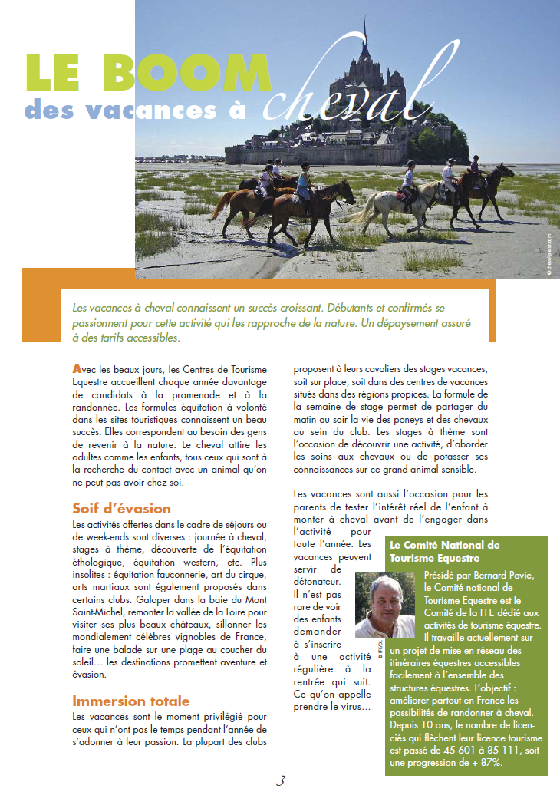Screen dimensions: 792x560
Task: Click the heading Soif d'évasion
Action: pos(121,509)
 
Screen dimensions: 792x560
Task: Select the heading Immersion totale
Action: pos(130,701)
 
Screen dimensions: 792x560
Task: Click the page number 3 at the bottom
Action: pos(280,780)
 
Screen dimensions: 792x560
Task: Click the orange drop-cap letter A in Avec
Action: pos(76,369)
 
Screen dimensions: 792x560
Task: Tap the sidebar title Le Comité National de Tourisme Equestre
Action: pos(445,551)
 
